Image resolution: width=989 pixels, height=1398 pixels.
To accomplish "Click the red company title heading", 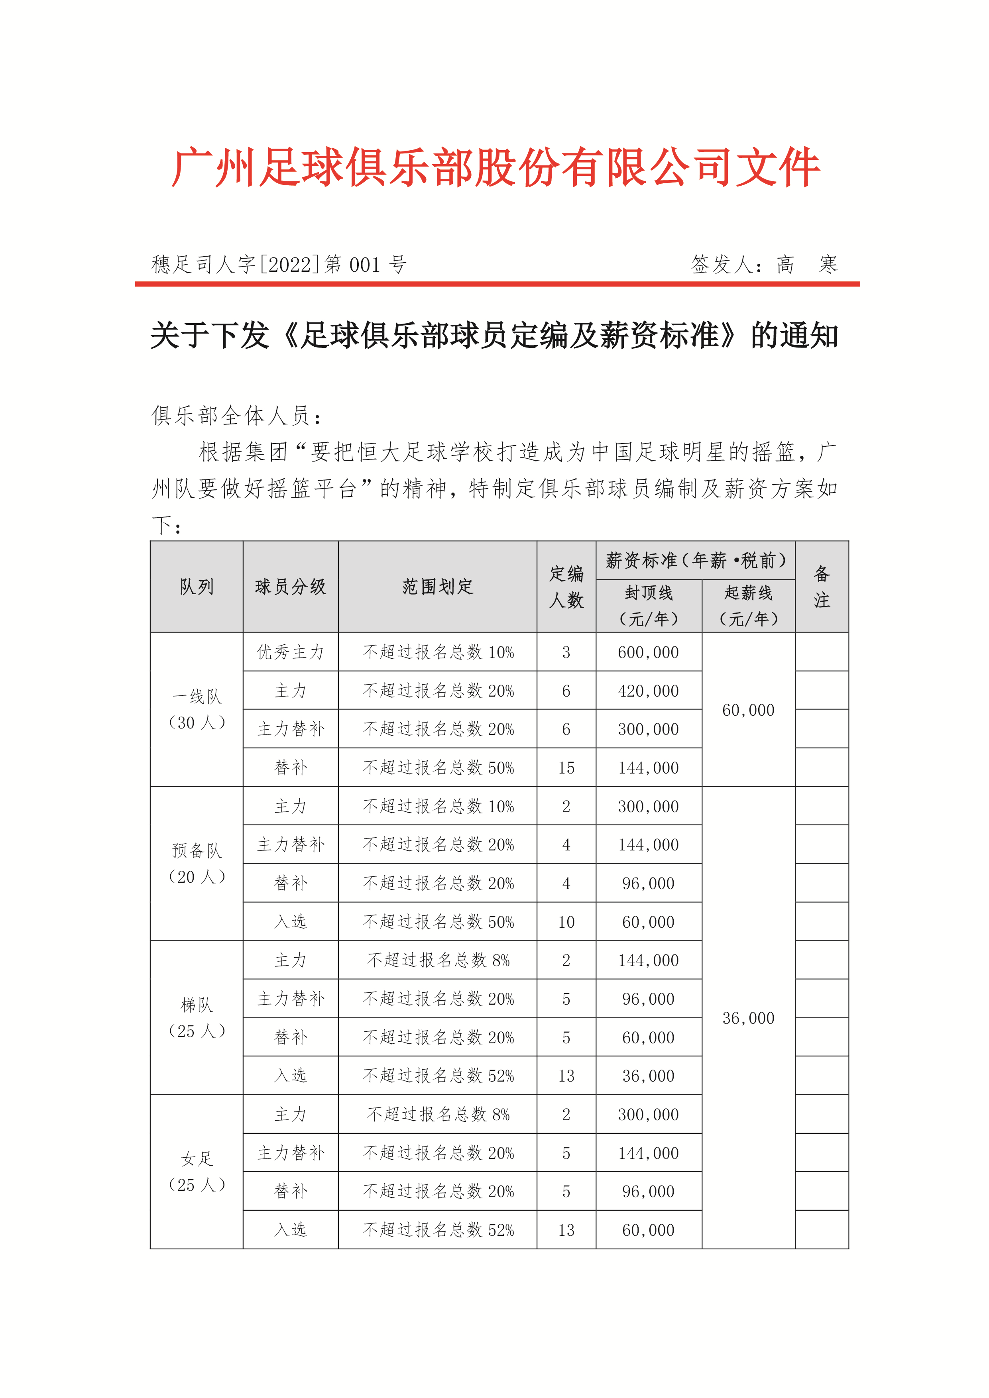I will click(496, 167).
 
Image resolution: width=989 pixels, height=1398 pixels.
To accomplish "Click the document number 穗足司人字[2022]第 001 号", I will click(279, 264).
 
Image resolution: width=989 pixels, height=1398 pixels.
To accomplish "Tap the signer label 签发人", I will click(725, 264).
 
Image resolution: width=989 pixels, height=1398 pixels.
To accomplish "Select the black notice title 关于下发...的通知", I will click(494, 336).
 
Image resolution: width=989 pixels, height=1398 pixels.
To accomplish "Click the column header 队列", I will click(197, 587).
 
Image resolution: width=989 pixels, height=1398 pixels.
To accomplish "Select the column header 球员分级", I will click(291, 587).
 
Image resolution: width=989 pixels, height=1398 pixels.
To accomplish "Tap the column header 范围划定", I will click(437, 587).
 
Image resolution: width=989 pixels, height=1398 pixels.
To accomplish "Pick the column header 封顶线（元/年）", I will click(649, 606).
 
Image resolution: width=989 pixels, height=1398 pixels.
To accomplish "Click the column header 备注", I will click(822, 587).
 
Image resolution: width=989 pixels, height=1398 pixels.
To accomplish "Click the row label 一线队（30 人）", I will click(197, 709).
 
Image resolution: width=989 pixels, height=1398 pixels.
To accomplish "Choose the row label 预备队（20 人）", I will click(197, 864).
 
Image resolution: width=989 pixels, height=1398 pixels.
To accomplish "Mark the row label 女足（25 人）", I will click(197, 1172).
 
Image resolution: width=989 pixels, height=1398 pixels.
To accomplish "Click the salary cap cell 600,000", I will click(649, 652).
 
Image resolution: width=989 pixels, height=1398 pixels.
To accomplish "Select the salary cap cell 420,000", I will click(649, 691).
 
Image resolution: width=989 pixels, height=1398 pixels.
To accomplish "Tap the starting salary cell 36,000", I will click(749, 1018).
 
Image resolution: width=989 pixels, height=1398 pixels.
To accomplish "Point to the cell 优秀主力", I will click(291, 652).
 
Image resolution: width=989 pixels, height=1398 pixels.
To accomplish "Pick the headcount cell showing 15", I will click(566, 768).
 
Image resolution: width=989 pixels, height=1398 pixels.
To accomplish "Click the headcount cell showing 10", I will click(566, 922).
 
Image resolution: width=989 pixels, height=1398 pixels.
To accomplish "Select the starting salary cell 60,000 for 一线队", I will click(749, 710).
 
